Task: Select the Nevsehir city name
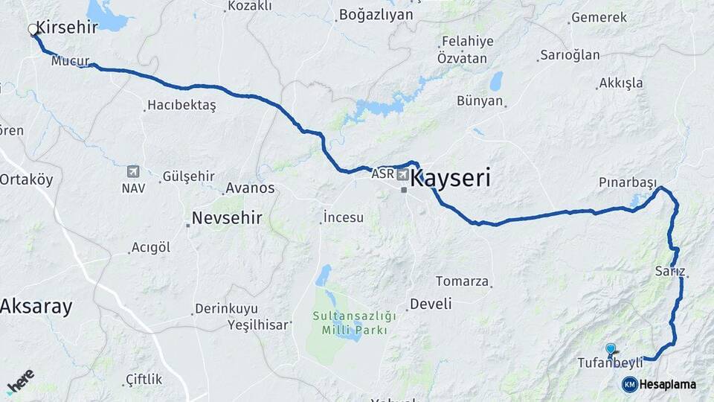227,218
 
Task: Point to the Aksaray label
36,306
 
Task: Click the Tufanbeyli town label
610,363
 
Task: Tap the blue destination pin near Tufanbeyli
611,348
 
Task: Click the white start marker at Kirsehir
33,30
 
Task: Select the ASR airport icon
402,175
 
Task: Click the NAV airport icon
133,172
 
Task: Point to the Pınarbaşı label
628,183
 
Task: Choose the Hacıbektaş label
181,106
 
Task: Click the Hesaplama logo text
667,384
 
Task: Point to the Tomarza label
462,281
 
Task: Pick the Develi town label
431,304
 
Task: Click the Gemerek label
599,18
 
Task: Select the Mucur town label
70,61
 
